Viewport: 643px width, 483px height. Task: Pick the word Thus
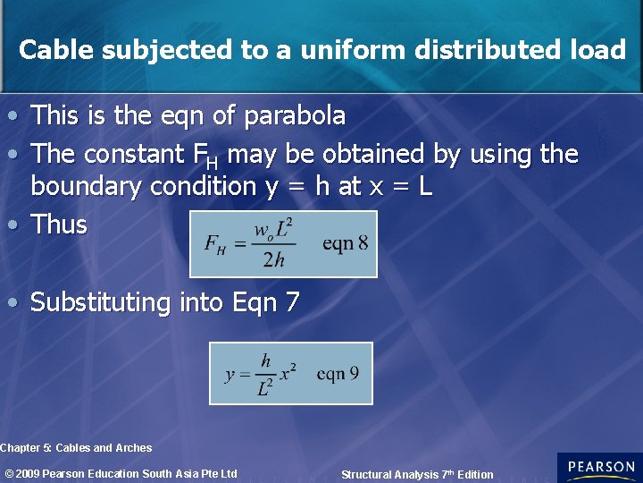tap(59, 225)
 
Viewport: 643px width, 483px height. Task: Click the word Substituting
tap(100, 303)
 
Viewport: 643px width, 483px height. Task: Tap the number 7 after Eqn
tap(292, 303)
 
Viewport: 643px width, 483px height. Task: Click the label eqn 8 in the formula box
tap(345, 243)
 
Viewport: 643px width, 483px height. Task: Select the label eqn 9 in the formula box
tap(338, 373)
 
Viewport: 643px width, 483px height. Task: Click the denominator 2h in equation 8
tap(273, 259)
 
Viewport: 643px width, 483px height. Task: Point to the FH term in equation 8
tap(214, 244)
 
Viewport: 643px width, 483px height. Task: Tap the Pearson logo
tap(599, 467)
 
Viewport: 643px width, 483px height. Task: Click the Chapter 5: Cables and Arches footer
tap(76, 448)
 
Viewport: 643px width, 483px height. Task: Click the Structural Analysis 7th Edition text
tap(416, 475)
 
